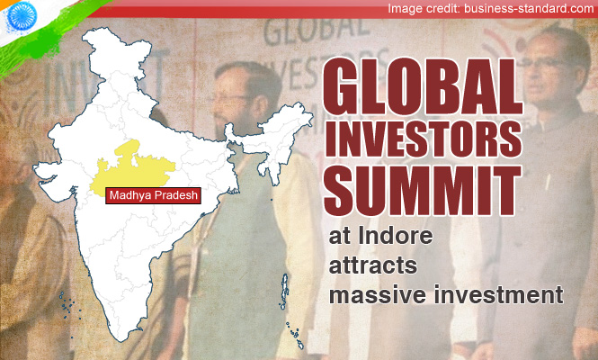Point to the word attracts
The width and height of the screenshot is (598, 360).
pos(372,265)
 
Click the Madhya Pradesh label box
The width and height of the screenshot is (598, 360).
pos(153,195)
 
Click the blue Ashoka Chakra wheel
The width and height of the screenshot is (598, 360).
pos(22,15)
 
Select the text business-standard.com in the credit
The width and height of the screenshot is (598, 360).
pos(529,8)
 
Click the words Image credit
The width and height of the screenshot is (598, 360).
pos(424,8)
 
